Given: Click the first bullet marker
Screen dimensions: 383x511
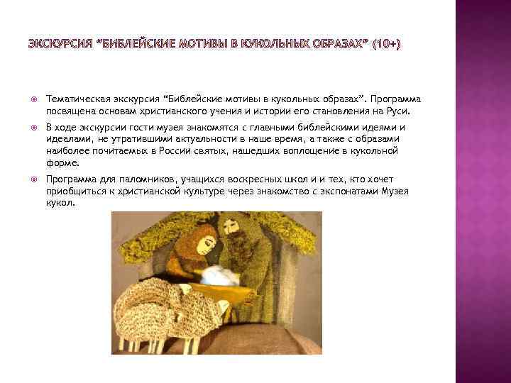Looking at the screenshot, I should tap(34, 99).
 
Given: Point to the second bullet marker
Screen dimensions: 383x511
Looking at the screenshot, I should tap(34, 128).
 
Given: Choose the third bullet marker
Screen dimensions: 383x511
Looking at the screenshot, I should tap(34, 179).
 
